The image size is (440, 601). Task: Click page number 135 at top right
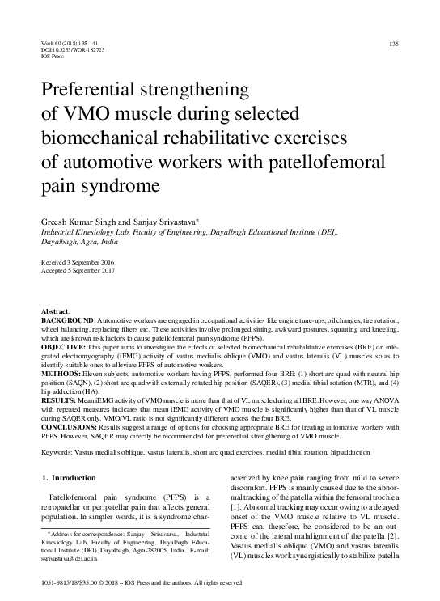pyautogui.click(x=394, y=43)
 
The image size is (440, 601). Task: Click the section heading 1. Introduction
pyautogui.click(x=68, y=478)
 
